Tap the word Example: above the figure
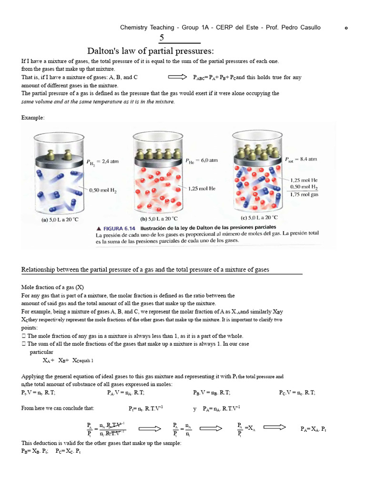pyautogui.click(x=33, y=117)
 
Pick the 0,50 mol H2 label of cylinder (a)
pyautogui.click(x=103, y=190)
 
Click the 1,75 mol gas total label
pyautogui.click(x=305, y=195)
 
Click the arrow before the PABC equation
pyautogui.click(x=178, y=77)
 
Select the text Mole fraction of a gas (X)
pyautogui.click(x=52, y=287)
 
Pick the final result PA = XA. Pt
pyautogui.click(x=314, y=429)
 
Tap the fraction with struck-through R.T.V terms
pyautogui.click(x=106, y=429)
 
